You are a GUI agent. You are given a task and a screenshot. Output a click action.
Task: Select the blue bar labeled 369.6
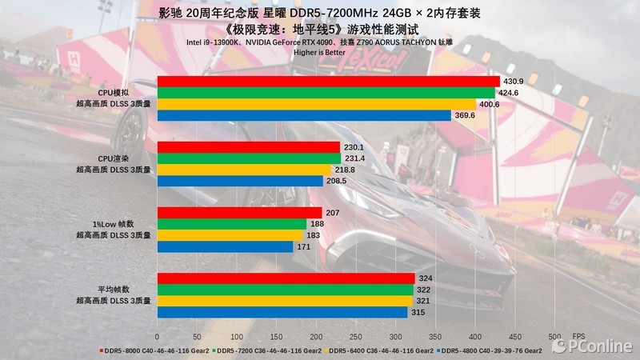pos(304,115)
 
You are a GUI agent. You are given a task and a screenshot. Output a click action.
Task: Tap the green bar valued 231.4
pos(243,159)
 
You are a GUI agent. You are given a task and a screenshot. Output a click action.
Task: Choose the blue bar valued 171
pos(225,247)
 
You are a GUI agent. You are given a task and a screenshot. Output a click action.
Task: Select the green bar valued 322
pos(285,290)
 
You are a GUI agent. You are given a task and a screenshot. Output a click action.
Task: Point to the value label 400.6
pos(490,104)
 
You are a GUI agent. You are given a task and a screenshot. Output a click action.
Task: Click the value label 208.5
pos(336,182)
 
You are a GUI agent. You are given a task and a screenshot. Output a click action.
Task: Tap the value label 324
pos(426,278)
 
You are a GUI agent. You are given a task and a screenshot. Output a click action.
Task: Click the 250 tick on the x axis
pos(355,336)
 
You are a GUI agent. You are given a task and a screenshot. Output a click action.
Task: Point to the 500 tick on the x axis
pos(554,336)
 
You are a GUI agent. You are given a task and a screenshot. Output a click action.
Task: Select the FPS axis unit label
pos(578,336)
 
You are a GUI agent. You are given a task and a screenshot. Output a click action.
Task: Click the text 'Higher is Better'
pos(319,53)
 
